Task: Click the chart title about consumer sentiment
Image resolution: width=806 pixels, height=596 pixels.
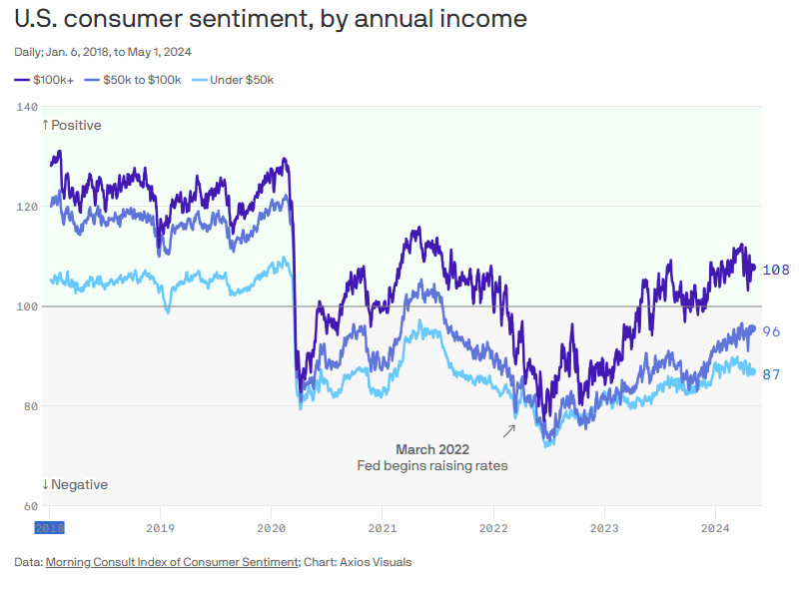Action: pyautogui.click(x=270, y=19)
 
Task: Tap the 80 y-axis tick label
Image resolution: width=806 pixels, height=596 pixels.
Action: pyautogui.click(x=28, y=406)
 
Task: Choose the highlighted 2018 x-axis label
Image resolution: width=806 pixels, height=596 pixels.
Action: pyautogui.click(x=50, y=526)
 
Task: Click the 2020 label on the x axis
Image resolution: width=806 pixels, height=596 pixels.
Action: pyautogui.click(x=272, y=526)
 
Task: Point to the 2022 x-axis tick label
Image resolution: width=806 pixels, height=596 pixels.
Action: pyautogui.click(x=493, y=526)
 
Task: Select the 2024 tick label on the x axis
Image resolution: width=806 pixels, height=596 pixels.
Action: pyautogui.click(x=715, y=526)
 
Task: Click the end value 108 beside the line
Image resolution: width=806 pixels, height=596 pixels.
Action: pyautogui.click(x=776, y=270)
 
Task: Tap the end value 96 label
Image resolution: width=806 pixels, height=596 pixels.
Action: pyautogui.click(x=772, y=331)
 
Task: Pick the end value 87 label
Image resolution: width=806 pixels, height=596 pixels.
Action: pyautogui.click(x=772, y=374)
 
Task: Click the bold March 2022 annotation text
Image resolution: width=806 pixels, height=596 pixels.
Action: pyautogui.click(x=431, y=450)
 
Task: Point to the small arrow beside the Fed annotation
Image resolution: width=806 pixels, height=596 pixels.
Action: pyautogui.click(x=508, y=430)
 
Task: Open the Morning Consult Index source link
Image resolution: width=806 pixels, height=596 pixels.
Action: pyautogui.click(x=172, y=562)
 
